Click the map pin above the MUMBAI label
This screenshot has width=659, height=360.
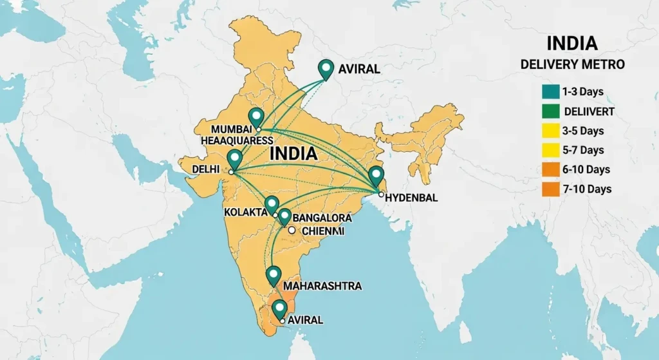click(x=257, y=117)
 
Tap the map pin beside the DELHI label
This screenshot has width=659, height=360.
click(x=234, y=158)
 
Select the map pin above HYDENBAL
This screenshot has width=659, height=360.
click(x=376, y=175)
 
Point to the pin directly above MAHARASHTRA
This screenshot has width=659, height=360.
click(x=274, y=275)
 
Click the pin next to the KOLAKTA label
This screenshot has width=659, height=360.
click(x=272, y=205)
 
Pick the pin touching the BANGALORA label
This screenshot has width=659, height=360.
click(x=284, y=217)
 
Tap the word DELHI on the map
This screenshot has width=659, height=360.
click(x=206, y=169)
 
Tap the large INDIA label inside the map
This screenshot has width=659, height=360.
click(x=293, y=154)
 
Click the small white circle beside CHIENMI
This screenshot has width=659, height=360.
click(x=292, y=230)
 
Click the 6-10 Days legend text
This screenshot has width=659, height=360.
click(x=586, y=169)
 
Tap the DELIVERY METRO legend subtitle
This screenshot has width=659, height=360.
click(x=572, y=65)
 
